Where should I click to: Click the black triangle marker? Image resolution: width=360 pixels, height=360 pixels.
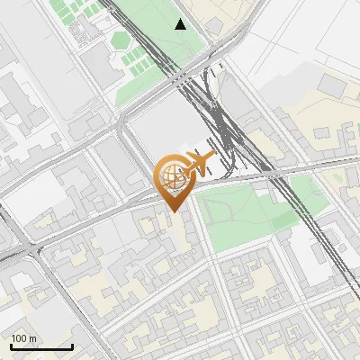coord(181,24)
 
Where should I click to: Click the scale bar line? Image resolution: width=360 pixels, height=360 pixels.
coord(41,346)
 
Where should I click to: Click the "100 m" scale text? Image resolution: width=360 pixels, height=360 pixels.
coord(24,338)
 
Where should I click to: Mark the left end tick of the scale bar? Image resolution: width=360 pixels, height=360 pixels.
coord(11,346)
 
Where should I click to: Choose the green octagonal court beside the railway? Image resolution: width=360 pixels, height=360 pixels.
coord(120,40)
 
